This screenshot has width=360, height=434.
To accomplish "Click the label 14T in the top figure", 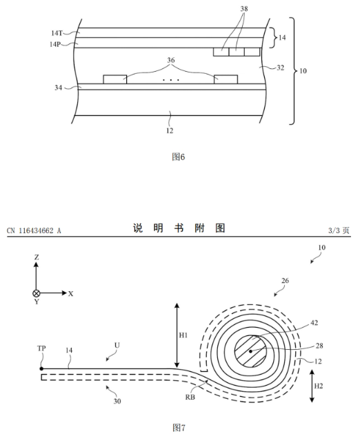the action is coord(57,33).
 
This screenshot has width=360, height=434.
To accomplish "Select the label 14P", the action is coord(55,44).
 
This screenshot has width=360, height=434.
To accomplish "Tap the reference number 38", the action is coord(244,9).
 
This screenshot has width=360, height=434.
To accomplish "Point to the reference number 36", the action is coord(171,60).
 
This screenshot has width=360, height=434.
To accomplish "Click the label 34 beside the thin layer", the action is coord(58,88).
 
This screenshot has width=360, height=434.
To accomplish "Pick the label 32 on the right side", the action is coord(280,68).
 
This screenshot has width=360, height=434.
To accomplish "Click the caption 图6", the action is coord(179,157).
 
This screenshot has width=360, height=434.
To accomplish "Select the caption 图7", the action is coord(179,427).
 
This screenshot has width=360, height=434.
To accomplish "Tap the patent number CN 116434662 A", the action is coord(34,230).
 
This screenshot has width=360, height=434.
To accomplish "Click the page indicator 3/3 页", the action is coord(339,230).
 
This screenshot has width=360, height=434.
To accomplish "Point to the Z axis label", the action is coord(37,257).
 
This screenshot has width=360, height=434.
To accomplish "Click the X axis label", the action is coord(71,294).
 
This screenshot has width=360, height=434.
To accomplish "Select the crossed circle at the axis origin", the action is coord(37,293).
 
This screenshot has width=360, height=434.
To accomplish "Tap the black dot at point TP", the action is coord(41,368).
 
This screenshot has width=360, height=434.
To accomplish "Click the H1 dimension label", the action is coord(183,335).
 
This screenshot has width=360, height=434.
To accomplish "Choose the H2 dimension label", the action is coord(319,386).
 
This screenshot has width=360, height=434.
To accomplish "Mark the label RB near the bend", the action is coord(190,397).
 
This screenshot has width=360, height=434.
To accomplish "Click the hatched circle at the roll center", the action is coord(251,351).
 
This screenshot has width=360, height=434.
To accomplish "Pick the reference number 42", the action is coord(314,323).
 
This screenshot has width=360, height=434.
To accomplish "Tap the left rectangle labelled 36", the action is coord(115,79).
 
